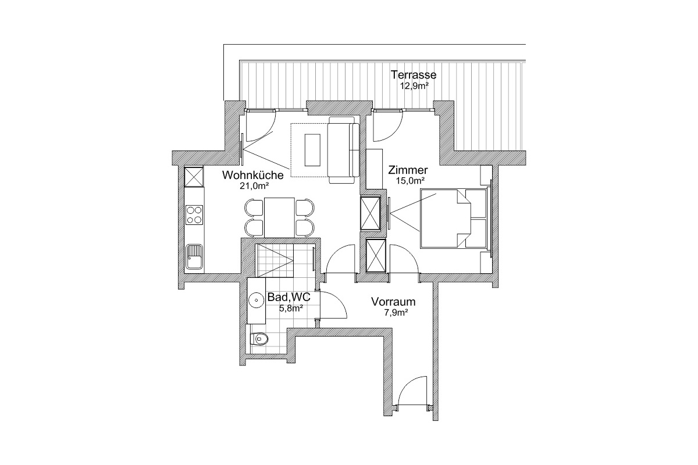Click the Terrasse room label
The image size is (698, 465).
[x=413, y=75]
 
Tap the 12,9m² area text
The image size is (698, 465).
[x=413, y=86]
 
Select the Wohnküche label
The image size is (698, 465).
[x=252, y=176]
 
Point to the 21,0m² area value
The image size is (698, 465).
[x=254, y=186]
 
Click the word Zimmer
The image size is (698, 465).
[x=408, y=170]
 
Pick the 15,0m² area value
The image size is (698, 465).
[x=411, y=181]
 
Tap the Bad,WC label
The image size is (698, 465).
[x=289, y=297]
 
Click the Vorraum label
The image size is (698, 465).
[x=393, y=302]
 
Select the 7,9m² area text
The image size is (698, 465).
[x=396, y=312]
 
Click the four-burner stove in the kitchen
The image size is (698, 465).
[x=194, y=215]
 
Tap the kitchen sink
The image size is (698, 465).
[x=194, y=257]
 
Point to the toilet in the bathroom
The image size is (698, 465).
[x=259, y=339]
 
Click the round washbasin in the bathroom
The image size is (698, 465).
[x=257, y=301]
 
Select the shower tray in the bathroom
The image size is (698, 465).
[x=275, y=260]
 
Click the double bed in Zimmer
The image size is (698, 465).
[x=453, y=219]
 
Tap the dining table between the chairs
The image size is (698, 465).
[x=280, y=217]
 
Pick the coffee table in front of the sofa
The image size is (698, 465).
[x=312, y=150]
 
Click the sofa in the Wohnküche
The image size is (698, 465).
[x=344, y=150]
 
